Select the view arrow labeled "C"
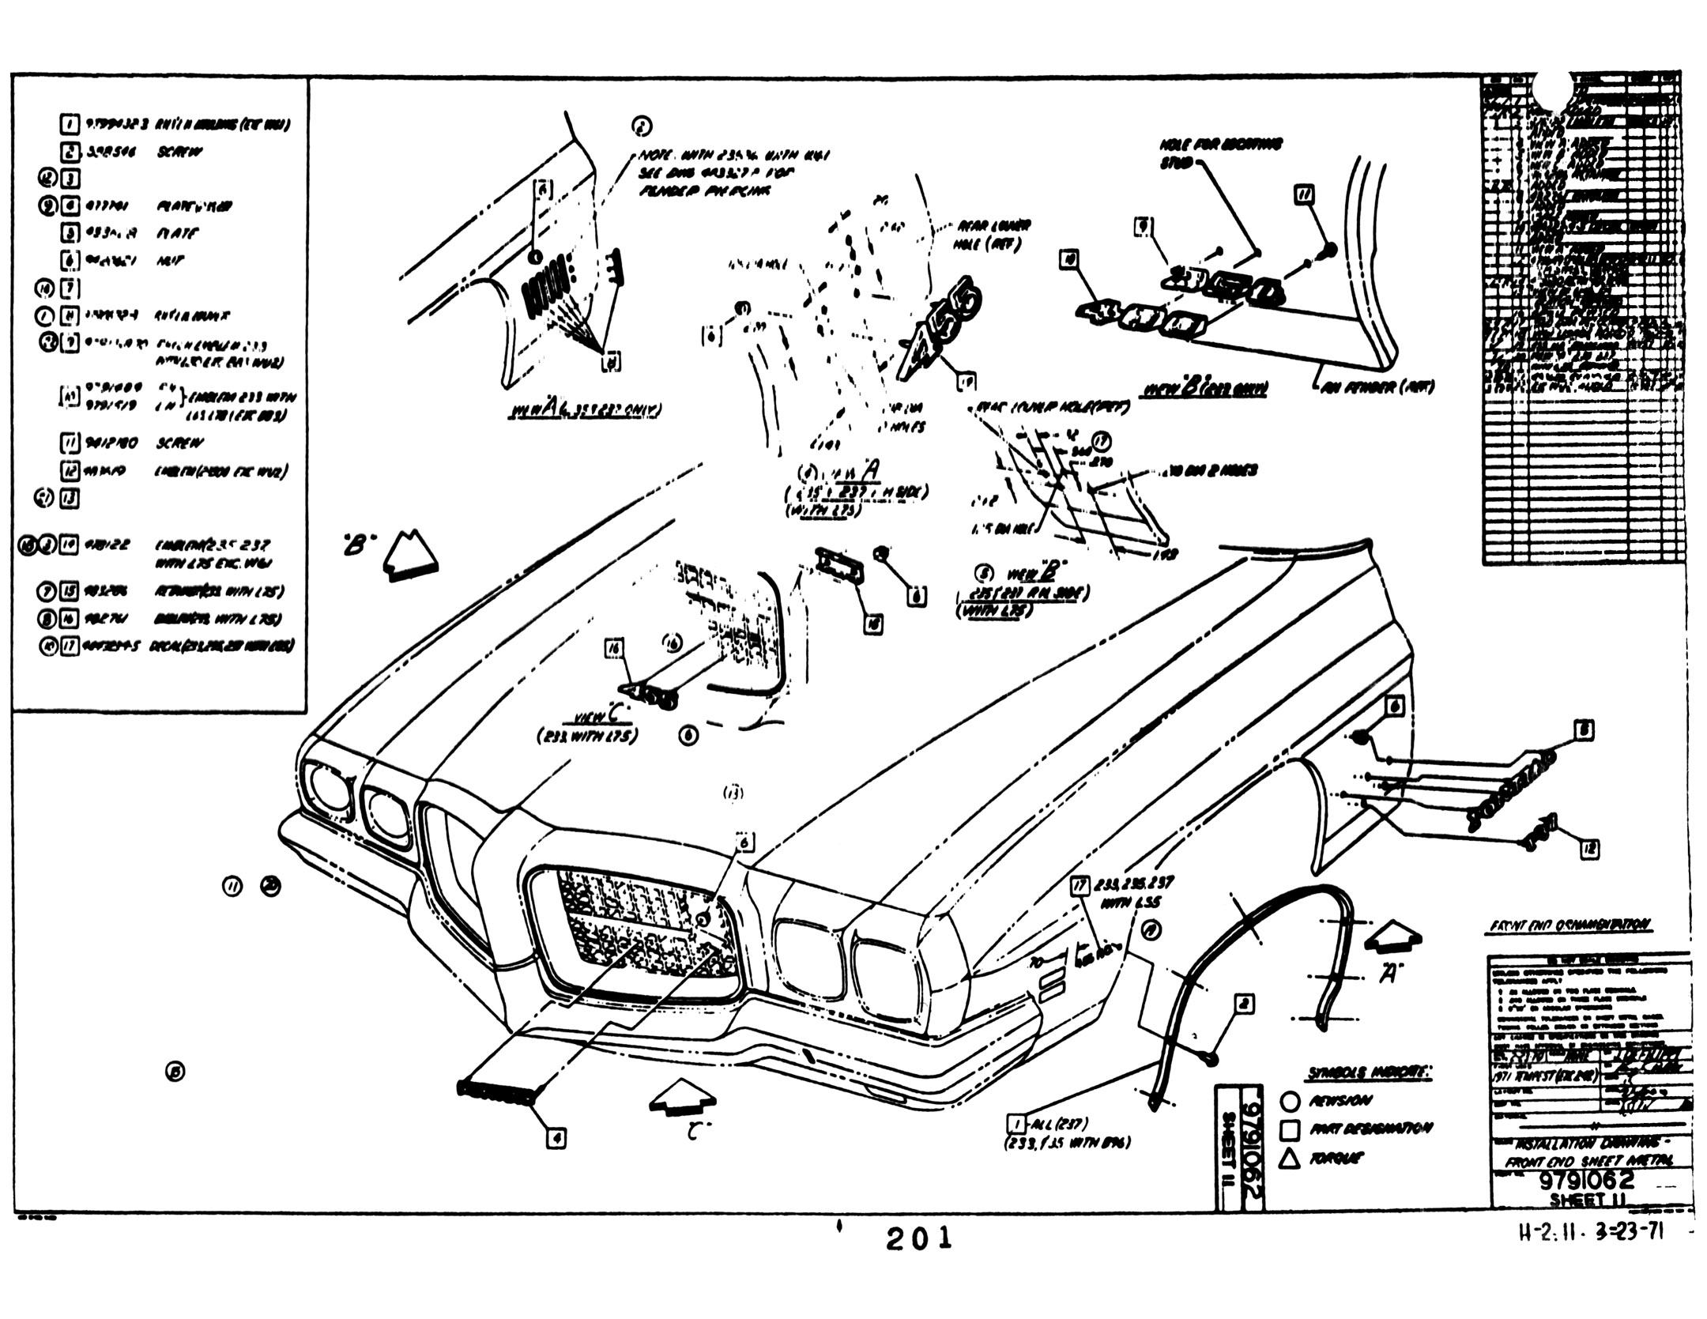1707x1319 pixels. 681,1099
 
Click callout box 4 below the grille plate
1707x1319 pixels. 556,1138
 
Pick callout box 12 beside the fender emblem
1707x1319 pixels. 1589,849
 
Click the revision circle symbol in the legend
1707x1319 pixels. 1290,1100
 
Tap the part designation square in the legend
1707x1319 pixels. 1290,1129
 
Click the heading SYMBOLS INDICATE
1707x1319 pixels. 1370,1072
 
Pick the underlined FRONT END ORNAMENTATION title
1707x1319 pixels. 1569,924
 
